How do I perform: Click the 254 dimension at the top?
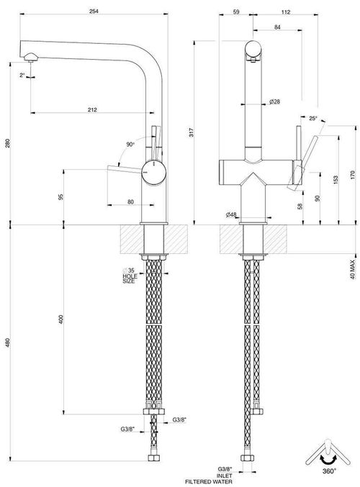(94, 12)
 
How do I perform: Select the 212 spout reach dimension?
(92, 109)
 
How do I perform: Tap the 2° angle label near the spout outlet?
(22, 75)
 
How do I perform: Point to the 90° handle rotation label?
(130, 145)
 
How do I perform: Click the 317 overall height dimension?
(192, 132)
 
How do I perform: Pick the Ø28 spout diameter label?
(274, 101)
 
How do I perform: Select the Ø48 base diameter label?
(231, 214)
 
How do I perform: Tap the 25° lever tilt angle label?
(313, 119)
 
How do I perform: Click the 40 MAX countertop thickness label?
(353, 269)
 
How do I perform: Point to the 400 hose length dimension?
(61, 319)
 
